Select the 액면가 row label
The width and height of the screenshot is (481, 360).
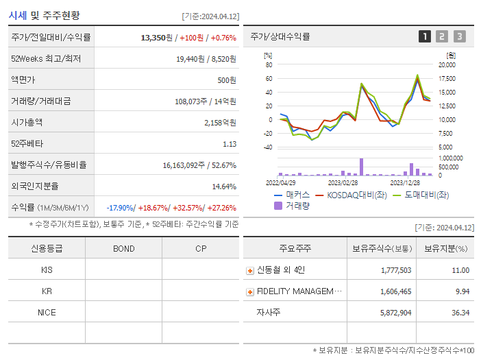[24, 80]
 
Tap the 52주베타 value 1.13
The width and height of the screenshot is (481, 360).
[229, 144]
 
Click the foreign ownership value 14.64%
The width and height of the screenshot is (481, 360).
[224, 186]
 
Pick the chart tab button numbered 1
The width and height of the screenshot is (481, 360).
[425, 36]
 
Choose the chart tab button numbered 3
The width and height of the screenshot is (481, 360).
[459, 36]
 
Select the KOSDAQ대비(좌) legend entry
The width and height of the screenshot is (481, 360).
[349, 195]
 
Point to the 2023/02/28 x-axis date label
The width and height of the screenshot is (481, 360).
[343, 182]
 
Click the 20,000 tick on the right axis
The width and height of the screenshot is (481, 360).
[447, 65]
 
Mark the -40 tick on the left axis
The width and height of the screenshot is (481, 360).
[268, 147]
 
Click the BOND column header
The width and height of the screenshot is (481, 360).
[123, 248]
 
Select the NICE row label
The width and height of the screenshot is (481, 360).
[47, 312]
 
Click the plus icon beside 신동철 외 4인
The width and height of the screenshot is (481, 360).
[249, 271]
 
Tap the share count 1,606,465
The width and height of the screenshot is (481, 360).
[395, 291]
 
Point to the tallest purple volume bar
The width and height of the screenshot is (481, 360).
[361, 167]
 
